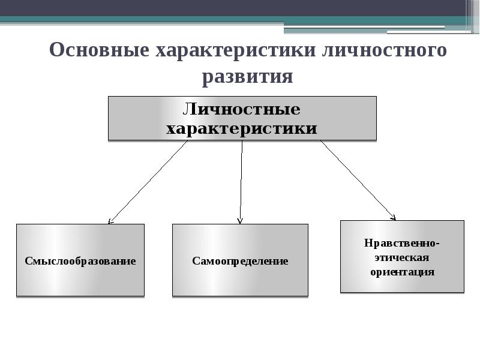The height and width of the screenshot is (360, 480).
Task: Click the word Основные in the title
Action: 99,50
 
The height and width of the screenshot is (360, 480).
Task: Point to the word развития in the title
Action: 247,77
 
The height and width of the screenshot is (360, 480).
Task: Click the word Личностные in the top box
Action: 241,110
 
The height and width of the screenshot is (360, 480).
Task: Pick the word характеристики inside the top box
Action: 241,128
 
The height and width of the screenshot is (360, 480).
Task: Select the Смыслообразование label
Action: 80,261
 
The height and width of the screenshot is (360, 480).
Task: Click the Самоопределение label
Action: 240,261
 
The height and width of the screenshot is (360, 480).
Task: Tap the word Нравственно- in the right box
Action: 402,243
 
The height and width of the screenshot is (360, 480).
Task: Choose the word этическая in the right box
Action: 402,257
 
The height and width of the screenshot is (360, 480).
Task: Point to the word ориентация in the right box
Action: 402,272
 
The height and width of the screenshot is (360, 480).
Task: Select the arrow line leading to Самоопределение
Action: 241,180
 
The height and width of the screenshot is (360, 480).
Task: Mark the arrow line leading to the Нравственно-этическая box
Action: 358,179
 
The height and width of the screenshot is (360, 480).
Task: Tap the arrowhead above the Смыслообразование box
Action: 110,221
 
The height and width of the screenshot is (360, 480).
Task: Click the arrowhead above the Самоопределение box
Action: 240,221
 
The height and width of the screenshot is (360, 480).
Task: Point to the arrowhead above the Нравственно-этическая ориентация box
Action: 393,217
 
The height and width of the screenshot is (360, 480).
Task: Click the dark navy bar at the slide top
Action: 240,7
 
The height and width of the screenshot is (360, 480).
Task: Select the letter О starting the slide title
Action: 56,50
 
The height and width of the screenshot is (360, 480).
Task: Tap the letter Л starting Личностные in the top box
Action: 188,110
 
